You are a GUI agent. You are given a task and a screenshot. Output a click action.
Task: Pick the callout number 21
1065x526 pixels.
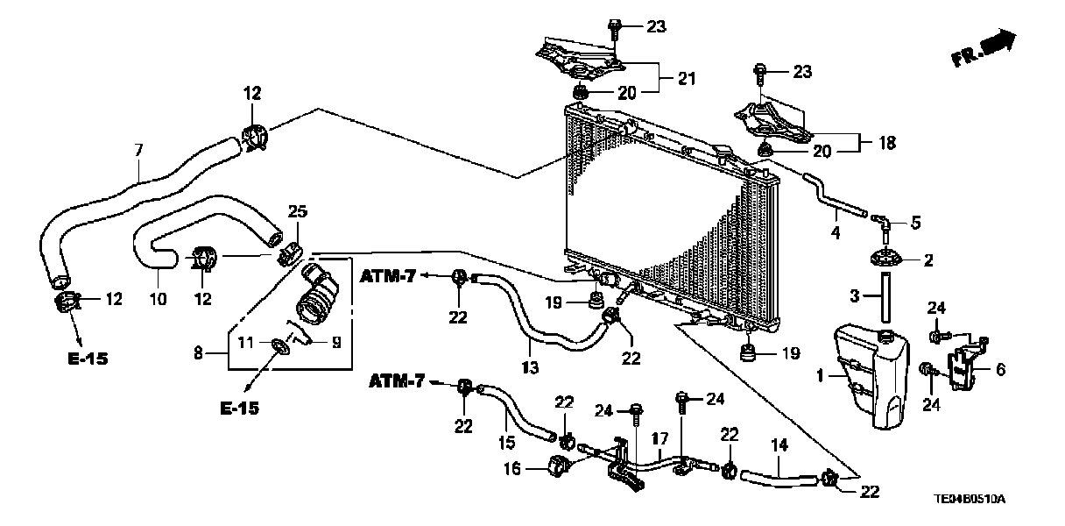coord(687,79)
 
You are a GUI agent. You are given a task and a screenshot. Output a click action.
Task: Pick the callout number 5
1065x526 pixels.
coord(915,223)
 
